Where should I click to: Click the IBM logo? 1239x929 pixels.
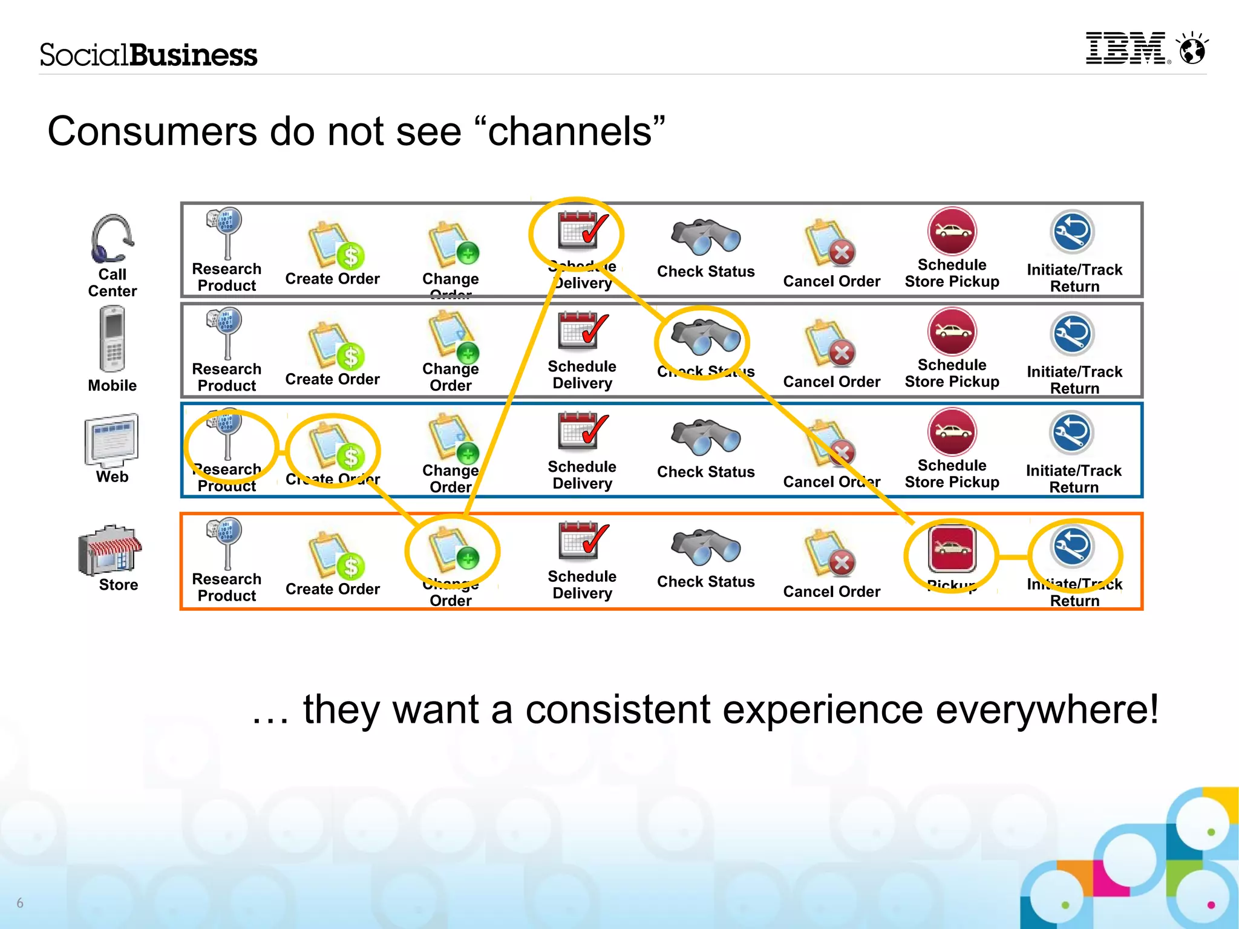click(x=1126, y=48)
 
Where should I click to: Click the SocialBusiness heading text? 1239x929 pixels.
click(x=148, y=55)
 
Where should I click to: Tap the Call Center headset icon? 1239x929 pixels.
click(x=112, y=238)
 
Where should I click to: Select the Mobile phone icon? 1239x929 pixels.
click(x=113, y=339)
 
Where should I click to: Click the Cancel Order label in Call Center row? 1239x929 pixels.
click(x=831, y=281)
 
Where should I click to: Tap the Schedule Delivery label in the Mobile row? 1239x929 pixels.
click(x=582, y=374)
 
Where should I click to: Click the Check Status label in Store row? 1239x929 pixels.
click(x=705, y=581)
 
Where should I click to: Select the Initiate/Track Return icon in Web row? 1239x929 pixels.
click(x=1072, y=433)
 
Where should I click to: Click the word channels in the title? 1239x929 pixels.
click(x=570, y=132)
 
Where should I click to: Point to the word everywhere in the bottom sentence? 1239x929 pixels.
click(x=1040, y=709)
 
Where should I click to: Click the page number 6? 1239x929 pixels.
click(x=20, y=902)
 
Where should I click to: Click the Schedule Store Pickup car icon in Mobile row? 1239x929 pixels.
click(x=952, y=331)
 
